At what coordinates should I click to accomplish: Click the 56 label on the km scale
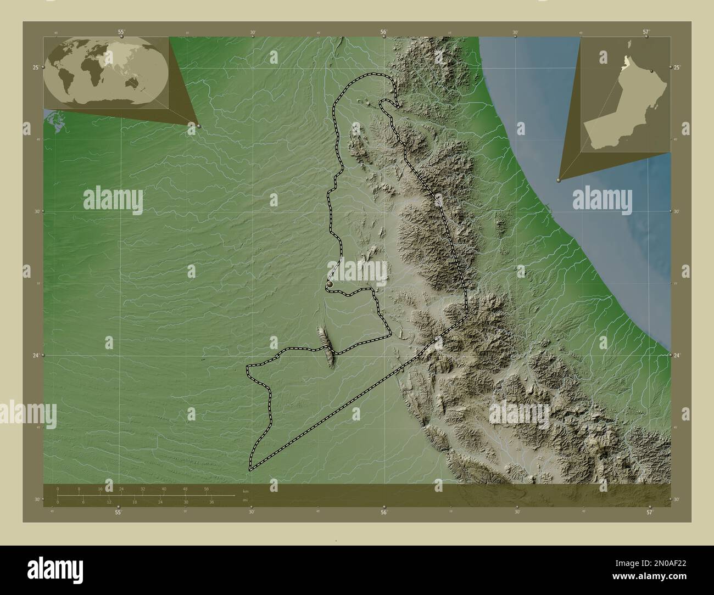point(207,489)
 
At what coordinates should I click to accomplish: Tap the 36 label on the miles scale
point(211,502)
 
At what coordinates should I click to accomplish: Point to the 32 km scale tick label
point(143,489)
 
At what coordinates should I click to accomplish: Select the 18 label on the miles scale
point(135,502)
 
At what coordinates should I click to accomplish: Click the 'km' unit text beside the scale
point(245,490)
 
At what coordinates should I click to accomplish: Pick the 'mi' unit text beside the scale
point(245,501)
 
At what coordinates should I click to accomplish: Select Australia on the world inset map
point(134,82)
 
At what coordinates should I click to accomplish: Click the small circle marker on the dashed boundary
point(329,285)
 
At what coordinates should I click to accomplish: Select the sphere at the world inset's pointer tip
point(198,126)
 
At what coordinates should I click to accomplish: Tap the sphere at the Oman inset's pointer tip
point(559,179)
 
